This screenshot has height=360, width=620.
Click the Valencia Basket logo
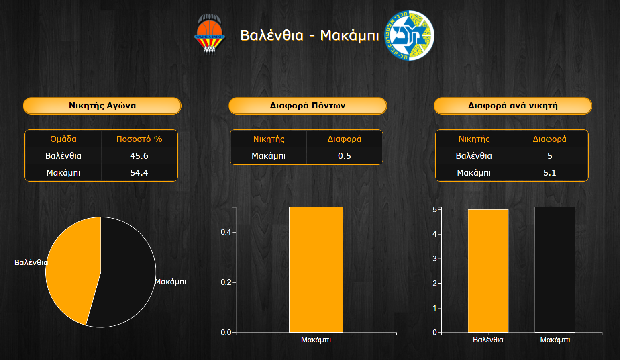coord(210,34)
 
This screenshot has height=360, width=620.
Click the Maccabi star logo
coord(409,35)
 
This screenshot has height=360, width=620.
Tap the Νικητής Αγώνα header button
coord(102,106)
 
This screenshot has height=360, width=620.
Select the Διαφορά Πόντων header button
coord(308,106)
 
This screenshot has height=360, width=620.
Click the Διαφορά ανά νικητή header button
coord(513,106)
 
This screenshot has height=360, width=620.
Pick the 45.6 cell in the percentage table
coord(139,155)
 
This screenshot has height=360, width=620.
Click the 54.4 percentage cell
coord(139,172)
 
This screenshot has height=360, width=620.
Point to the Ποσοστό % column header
coord(139,139)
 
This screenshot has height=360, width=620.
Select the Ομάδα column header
coord(63,139)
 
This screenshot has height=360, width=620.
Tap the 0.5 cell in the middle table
coord(344,155)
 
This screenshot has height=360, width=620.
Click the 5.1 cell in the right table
coord(550,172)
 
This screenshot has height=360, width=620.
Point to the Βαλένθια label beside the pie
coord(31,262)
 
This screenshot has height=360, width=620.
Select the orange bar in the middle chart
coord(316,270)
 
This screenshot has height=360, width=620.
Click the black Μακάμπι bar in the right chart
coord(555,270)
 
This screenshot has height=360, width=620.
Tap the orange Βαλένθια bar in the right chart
coord(488,271)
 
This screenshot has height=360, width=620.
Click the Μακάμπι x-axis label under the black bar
coord(555,340)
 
